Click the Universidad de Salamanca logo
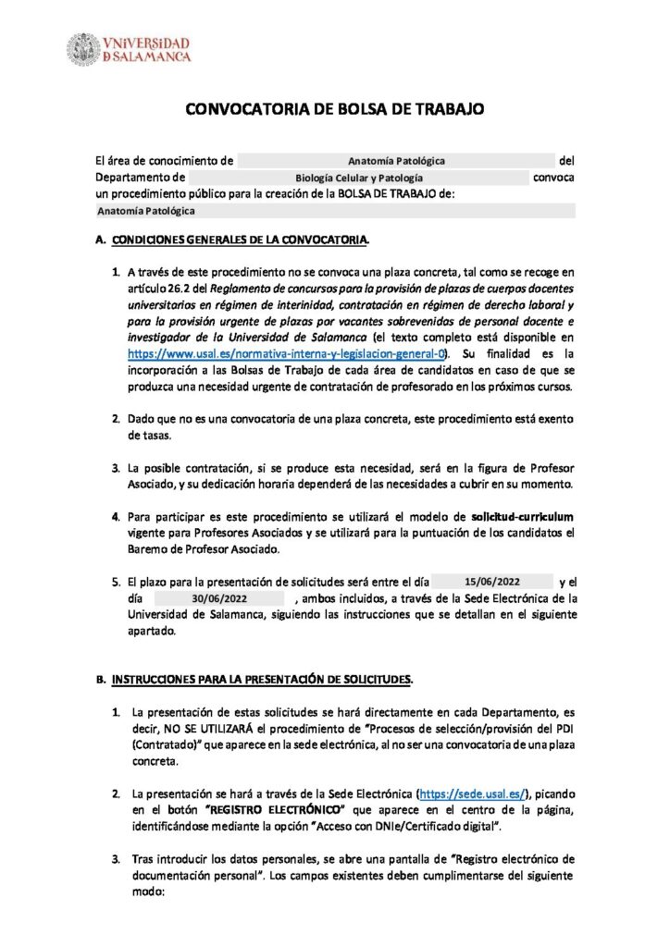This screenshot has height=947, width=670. pos(129,49)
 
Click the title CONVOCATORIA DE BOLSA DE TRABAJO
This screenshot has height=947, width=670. pos(335,109)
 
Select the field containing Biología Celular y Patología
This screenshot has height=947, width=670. pos(358,177)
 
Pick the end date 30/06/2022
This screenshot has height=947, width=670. pos(219,598)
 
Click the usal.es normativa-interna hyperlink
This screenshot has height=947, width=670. pos(288,352)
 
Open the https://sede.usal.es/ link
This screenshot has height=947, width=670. pos(474,793)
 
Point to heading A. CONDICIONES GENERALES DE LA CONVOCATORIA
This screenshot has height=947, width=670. pos(239,241)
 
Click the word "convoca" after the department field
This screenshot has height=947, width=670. pos(553,177)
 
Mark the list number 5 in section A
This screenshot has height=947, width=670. pos(117,582)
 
